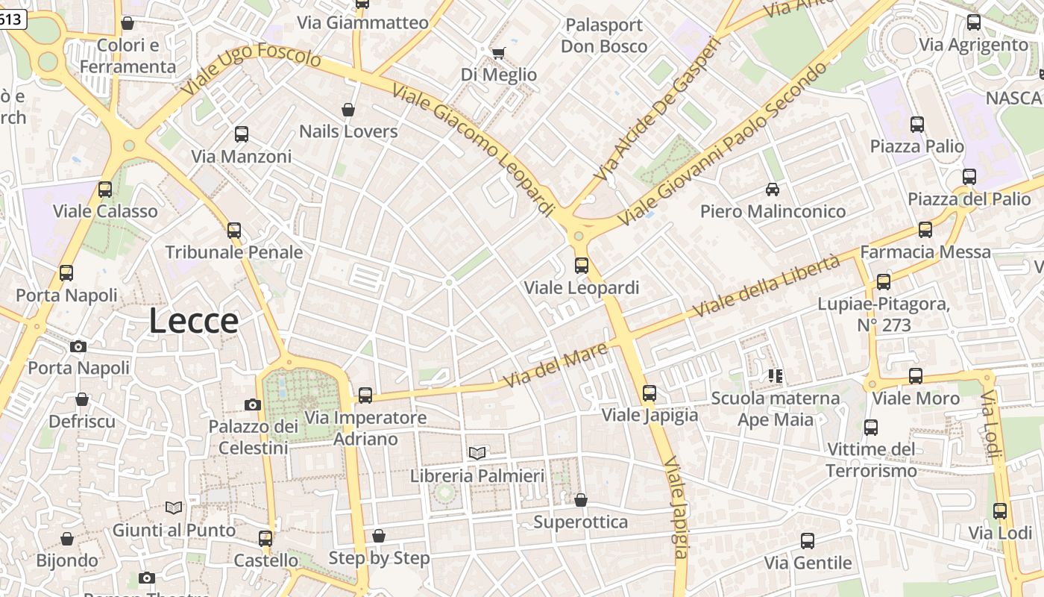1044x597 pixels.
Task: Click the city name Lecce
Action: [x=194, y=321]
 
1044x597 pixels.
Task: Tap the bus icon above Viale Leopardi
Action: [x=582, y=265]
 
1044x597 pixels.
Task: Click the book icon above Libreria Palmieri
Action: [x=477, y=452]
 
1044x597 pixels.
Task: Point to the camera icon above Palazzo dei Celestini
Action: [x=253, y=404]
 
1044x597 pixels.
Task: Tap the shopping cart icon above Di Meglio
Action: [x=498, y=53]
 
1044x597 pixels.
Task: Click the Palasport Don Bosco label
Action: [x=604, y=36]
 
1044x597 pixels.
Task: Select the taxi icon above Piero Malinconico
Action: [x=773, y=190]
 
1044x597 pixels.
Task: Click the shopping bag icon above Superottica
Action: [x=581, y=500]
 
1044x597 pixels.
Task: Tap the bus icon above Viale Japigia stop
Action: [x=650, y=393]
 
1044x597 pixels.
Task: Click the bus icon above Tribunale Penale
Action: [x=234, y=230]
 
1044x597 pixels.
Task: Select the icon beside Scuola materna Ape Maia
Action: [x=776, y=375]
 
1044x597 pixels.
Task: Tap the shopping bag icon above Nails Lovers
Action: [x=348, y=110]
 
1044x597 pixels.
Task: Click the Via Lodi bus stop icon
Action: [x=1000, y=511]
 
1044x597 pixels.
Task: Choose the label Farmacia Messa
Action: [x=925, y=252]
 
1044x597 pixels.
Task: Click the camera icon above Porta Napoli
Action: [x=78, y=346]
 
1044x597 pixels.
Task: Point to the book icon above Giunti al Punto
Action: [x=174, y=507]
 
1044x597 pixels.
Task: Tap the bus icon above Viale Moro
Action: [x=916, y=376]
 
